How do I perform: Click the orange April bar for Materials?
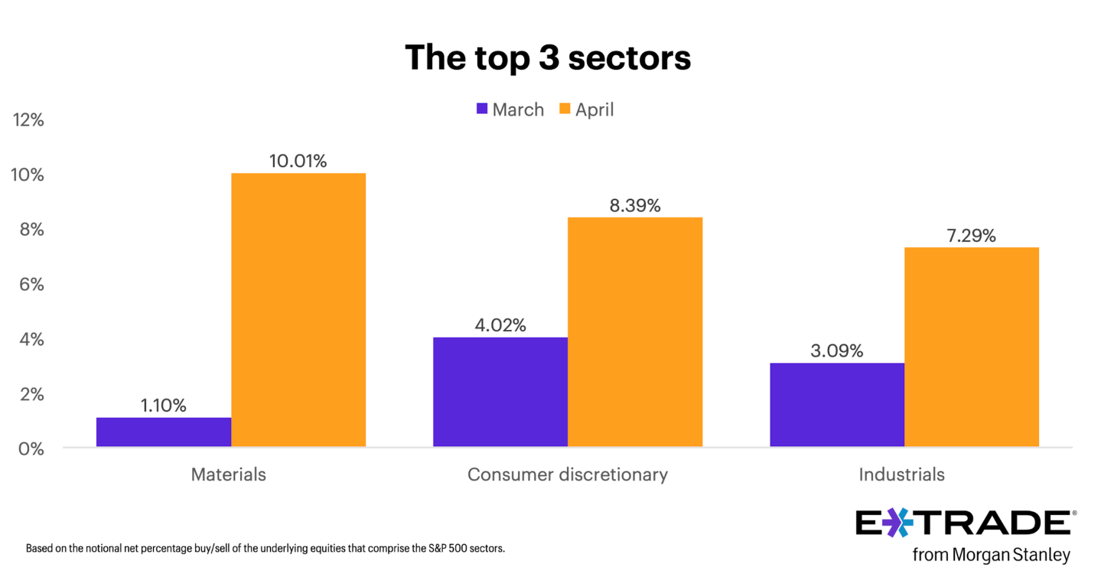[298, 310]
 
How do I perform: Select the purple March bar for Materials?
[164, 432]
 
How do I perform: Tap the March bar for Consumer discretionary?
[500, 392]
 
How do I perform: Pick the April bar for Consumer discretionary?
[635, 332]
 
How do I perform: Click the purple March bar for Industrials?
[837, 405]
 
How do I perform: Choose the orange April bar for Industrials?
[972, 347]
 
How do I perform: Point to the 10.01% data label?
[298, 161]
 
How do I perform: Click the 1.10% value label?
[163, 406]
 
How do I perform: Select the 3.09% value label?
[836, 351]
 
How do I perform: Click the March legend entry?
[510, 109]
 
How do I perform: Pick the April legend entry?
[586, 109]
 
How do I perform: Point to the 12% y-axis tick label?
[28, 120]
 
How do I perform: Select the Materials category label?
[228, 475]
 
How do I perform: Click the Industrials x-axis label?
[901, 475]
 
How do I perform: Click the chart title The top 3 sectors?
[548, 57]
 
